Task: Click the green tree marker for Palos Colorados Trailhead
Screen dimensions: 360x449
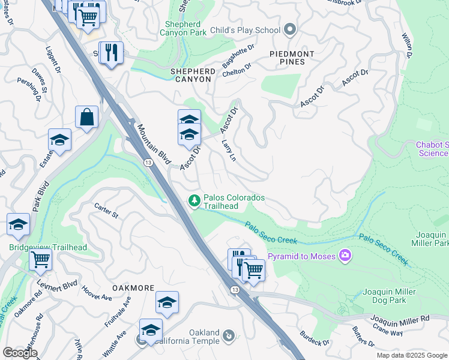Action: (x=194, y=200)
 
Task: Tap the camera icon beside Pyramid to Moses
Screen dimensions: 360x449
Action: (x=345, y=256)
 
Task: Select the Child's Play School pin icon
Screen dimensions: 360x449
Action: (x=291, y=29)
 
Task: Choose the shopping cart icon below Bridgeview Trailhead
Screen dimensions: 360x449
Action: (x=40, y=260)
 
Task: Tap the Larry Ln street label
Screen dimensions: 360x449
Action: (x=229, y=151)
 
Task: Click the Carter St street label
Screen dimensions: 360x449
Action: (x=107, y=211)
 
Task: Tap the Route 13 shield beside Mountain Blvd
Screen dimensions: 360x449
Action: (x=147, y=162)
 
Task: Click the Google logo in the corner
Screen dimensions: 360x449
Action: (x=19, y=353)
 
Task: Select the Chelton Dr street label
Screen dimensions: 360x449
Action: (x=236, y=71)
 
